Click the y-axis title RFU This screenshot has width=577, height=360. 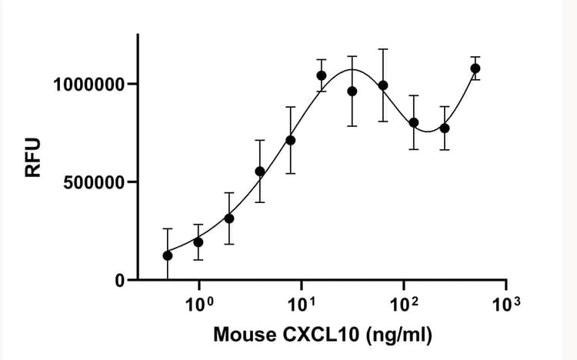[x=32, y=158]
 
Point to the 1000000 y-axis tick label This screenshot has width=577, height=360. [x=88, y=84]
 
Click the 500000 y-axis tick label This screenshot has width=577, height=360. [x=94, y=182]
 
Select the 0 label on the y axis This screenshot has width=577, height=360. [x=120, y=281]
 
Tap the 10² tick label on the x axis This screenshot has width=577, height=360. [x=404, y=302]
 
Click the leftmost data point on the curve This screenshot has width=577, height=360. [x=168, y=255]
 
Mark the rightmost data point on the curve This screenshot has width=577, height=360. [x=475, y=68]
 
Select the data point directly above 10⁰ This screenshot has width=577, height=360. [x=198, y=242]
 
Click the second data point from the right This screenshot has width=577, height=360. [x=445, y=128]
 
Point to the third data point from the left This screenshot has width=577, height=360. [x=229, y=218]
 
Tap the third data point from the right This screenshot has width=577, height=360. [x=414, y=122]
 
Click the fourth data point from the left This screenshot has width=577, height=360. [x=260, y=172]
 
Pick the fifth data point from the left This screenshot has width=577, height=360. [x=291, y=140]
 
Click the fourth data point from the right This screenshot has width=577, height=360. [x=383, y=85]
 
